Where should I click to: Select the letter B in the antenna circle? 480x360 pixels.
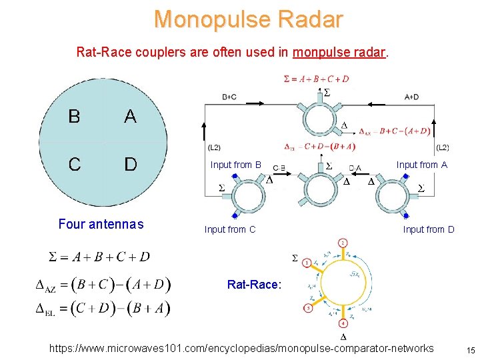point(74,117)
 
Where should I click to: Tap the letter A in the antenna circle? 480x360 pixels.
point(130,117)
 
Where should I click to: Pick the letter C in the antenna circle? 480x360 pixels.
point(74,163)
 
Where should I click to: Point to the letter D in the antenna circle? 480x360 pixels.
point(131,163)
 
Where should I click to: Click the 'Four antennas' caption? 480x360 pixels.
point(101,225)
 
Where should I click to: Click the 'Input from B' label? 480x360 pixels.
point(235,165)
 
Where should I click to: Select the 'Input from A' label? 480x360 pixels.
point(421,165)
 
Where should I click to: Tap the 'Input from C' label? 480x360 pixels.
point(230,230)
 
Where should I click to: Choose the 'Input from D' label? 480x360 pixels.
point(429,230)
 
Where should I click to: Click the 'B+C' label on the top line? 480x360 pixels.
point(229,97)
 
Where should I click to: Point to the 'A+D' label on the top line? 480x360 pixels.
point(412,97)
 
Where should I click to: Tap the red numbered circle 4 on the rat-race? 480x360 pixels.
point(342,323)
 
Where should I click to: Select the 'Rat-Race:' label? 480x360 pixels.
point(254,285)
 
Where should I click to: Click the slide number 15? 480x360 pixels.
point(470,351)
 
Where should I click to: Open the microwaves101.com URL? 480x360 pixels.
point(241,348)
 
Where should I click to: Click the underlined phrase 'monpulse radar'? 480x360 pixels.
point(340,51)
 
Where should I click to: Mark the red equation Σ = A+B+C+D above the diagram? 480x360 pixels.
point(316,79)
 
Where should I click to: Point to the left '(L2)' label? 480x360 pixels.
point(215,147)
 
